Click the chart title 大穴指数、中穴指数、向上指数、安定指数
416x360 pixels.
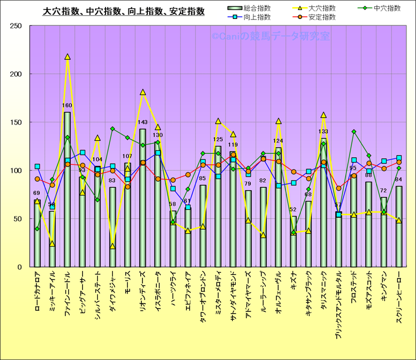click(124, 11)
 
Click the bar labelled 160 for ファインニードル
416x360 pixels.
click(68, 190)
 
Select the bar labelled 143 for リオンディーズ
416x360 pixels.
click(142, 198)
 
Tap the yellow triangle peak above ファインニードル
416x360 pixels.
click(68, 57)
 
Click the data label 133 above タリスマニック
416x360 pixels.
click(323, 132)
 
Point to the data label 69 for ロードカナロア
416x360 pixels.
click(37, 193)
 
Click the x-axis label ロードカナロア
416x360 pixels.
click(37, 291)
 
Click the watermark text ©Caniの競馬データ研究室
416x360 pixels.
click(270, 36)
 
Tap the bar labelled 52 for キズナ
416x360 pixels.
click(293, 241)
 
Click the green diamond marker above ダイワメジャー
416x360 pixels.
click(112, 129)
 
